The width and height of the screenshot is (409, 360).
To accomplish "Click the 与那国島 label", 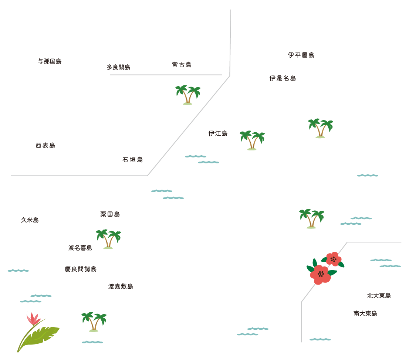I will (50, 61).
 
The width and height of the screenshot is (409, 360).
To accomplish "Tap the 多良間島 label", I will (118, 67).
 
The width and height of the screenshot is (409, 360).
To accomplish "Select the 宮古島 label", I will (182, 65).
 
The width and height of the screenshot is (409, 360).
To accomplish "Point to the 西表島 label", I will (45, 146).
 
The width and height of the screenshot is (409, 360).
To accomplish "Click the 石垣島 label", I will (132, 160).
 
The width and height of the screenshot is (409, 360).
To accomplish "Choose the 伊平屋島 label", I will (301, 55).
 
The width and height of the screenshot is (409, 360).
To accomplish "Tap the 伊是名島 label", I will (283, 78).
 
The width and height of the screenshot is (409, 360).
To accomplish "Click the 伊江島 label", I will (218, 133).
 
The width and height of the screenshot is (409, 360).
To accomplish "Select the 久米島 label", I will (30, 220).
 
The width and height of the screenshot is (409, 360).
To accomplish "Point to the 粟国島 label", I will (110, 214).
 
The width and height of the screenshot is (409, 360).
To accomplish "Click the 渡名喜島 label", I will (80, 248).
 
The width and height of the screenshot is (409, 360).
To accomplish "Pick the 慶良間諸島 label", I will (80, 269).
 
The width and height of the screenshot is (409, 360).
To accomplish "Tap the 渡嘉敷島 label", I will (121, 286).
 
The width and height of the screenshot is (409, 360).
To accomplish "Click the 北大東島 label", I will (379, 296).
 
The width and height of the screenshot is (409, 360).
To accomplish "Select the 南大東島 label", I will (365, 313).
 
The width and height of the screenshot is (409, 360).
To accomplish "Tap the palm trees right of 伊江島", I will (252, 140).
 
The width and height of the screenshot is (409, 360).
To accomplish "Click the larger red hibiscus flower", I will (320, 274).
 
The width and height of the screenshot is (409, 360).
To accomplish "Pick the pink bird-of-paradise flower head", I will (34, 317).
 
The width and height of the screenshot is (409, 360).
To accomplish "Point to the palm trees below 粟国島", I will (108, 239).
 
